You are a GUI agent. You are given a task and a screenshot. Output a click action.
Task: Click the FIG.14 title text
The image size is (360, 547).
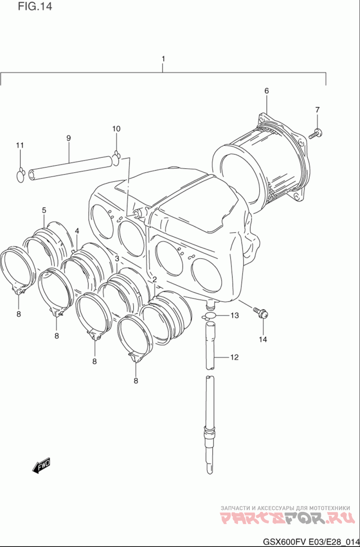point(35,7)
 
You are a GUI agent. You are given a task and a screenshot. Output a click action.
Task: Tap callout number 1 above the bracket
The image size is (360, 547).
point(163,59)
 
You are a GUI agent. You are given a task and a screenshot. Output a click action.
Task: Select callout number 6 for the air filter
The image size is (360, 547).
point(266,91)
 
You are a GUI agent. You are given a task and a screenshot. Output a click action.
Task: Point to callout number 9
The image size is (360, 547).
point(69,138)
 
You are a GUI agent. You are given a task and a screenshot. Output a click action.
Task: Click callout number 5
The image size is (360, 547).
point(44,210)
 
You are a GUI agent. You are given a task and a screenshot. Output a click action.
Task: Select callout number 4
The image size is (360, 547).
point(77,231)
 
